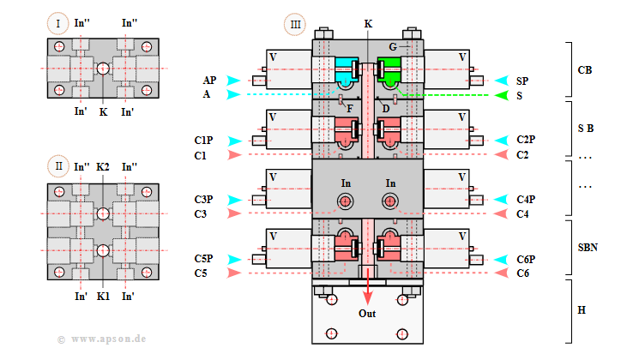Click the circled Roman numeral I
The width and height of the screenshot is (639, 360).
tap(58, 23)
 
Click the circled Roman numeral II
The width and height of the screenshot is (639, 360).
tap(58, 166)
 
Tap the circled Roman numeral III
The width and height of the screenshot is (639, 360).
tap(295, 23)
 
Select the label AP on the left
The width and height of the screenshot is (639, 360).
tap(209, 80)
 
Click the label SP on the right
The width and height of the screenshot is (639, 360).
tap(522, 80)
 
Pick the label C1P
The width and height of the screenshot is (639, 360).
tap(203, 139)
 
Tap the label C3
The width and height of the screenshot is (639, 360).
tap(200, 213)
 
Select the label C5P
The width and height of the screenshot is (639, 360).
tap(203, 258)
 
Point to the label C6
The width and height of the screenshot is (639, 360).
tap(523, 273)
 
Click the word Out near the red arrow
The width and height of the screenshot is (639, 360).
tap(367, 313)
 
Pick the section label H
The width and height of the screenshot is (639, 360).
tap(582, 309)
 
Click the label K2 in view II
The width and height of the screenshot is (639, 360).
tap(104, 166)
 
